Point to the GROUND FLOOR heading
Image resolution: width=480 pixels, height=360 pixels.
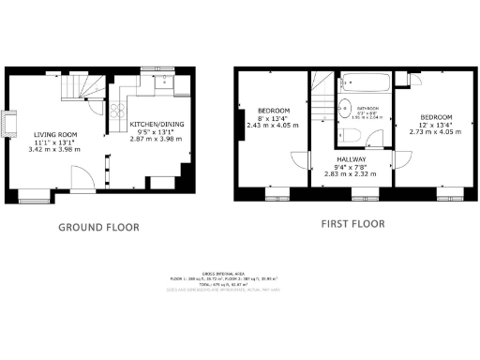(98, 227)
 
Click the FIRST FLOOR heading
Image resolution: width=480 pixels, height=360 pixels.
(352, 225)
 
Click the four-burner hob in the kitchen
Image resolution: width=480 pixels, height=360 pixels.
(119, 115)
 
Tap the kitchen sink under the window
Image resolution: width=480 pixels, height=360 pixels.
(165, 84)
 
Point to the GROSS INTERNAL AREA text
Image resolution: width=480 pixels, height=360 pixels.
(244, 273)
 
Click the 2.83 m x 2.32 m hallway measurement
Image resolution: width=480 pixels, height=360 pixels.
(352, 174)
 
